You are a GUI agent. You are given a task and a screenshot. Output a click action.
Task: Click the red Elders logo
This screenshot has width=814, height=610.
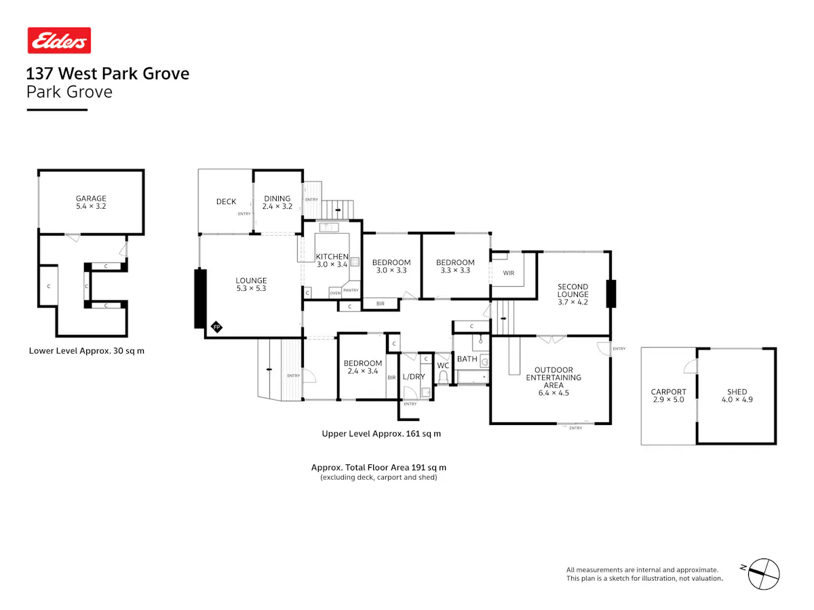[x=59, y=41]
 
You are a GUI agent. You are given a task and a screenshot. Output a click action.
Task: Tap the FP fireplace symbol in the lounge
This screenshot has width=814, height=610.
[x=216, y=327]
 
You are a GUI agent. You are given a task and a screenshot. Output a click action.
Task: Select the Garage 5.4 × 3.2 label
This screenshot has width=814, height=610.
[x=91, y=202]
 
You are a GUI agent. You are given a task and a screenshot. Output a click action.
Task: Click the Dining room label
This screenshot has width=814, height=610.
[x=277, y=202]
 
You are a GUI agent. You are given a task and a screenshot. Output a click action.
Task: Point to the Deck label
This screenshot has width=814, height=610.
[x=226, y=201]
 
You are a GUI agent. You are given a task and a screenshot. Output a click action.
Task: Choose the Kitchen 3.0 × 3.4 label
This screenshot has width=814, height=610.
[x=332, y=260]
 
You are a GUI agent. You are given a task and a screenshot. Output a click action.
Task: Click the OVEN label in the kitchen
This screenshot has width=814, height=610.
[x=335, y=293]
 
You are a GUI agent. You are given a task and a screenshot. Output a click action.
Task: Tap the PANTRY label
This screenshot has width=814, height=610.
[x=351, y=290]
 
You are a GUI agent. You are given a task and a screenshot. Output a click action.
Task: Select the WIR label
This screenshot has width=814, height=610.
[x=509, y=273]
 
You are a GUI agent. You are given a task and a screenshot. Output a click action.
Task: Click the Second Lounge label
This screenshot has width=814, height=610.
[x=573, y=294]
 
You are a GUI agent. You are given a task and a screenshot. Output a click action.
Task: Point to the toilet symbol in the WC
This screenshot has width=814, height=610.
[x=443, y=378]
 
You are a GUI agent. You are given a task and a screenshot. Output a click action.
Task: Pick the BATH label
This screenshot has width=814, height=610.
[x=467, y=359]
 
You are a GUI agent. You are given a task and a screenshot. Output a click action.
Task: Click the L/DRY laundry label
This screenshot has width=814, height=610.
[x=414, y=377]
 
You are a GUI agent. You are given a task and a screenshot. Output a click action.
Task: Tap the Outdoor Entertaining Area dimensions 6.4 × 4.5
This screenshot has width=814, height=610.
[x=554, y=393]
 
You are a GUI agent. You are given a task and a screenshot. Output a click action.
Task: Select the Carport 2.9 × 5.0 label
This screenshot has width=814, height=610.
[x=668, y=396]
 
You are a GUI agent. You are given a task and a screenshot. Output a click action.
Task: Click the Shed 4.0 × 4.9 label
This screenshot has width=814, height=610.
[x=737, y=396]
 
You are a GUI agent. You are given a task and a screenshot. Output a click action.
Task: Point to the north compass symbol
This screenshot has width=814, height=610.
[x=762, y=574]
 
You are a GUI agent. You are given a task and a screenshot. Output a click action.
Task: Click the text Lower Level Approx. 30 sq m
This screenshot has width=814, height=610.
[x=86, y=350]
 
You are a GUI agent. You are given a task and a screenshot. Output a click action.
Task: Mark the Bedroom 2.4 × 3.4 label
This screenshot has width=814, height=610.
[x=363, y=367]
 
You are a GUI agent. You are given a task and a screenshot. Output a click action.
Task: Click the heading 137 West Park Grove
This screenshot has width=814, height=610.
[x=108, y=73]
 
